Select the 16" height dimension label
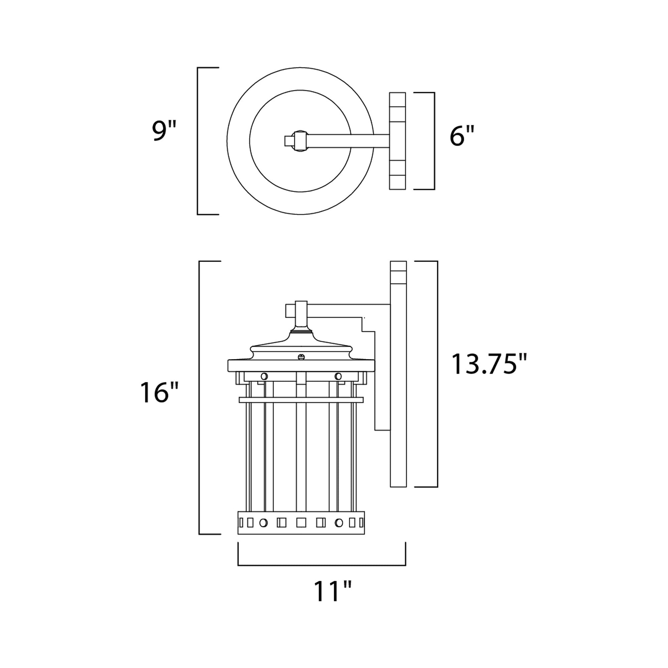click(x=159, y=393)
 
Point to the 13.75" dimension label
click(x=489, y=364)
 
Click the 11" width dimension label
click(x=332, y=591)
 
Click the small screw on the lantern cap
click(x=301, y=356)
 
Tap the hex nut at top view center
click(x=299, y=141)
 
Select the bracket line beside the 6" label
click(x=434, y=141)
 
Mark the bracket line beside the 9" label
click(x=198, y=141)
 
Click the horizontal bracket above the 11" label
click(x=322, y=565)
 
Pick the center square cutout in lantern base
click(x=301, y=522)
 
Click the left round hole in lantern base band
click(x=264, y=523)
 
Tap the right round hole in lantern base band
click(x=339, y=523)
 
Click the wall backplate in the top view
click(x=397, y=141)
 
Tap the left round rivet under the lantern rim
click(x=264, y=376)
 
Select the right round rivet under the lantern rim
click(x=338, y=376)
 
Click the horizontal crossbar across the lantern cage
click(x=301, y=400)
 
